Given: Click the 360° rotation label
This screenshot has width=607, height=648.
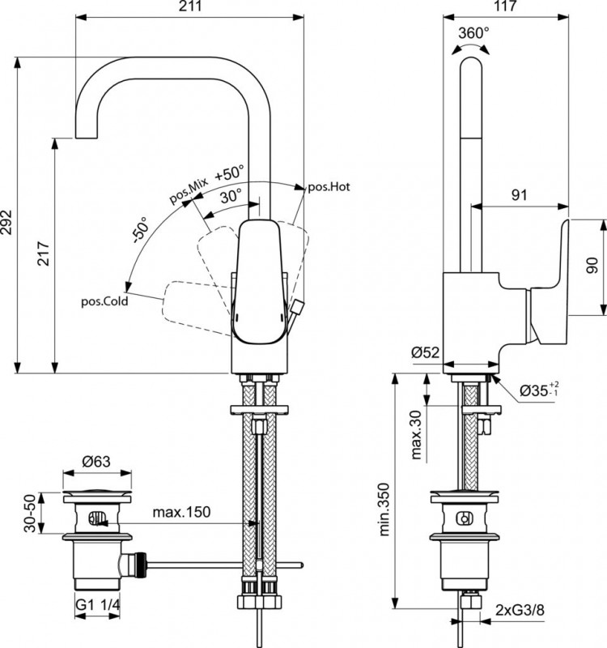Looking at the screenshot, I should click(x=473, y=33).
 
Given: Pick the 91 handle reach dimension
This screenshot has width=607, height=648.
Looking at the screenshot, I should click(x=520, y=194).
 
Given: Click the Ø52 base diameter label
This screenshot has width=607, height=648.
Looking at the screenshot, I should click(x=424, y=352).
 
